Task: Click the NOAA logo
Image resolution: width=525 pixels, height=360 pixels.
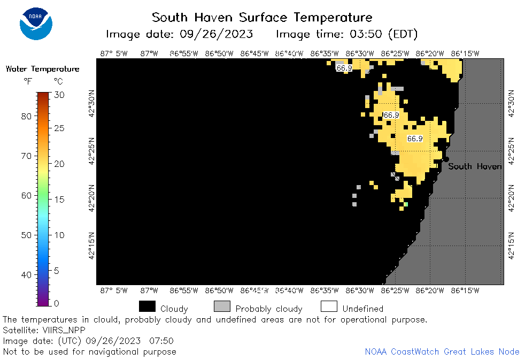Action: (x=36, y=24)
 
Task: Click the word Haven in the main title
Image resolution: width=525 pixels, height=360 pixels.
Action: (x=213, y=18)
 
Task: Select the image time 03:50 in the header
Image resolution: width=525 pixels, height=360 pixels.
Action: (x=366, y=34)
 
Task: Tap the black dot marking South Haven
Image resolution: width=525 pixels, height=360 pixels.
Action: (x=446, y=159)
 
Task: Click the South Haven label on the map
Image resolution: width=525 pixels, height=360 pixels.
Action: (x=475, y=166)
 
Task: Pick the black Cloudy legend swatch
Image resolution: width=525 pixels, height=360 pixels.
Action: (x=148, y=307)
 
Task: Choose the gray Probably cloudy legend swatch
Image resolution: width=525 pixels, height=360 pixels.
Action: (x=222, y=307)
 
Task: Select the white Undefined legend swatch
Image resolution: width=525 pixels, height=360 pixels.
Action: (x=329, y=307)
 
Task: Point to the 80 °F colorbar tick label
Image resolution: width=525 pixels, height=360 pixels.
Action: (x=26, y=117)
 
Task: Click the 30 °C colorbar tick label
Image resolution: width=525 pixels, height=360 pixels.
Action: (x=59, y=95)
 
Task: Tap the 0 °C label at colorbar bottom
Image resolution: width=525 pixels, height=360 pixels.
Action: (x=56, y=303)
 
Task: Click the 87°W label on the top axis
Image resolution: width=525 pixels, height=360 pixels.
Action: (x=149, y=53)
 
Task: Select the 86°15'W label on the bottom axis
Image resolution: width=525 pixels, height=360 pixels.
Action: (x=465, y=290)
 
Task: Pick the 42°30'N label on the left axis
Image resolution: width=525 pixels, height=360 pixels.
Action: (x=92, y=103)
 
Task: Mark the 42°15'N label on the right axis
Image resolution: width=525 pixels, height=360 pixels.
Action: (x=511, y=246)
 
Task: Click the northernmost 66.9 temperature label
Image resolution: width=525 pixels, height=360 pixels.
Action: (x=344, y=68)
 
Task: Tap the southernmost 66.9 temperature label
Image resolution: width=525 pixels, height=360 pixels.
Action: (x=415, y=139)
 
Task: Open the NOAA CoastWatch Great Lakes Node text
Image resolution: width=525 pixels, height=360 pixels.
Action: (x=442, y=351)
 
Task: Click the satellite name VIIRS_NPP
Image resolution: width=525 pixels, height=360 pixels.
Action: (x=64, y=331)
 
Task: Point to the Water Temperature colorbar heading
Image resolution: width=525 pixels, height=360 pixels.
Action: (x=43, y=69)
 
